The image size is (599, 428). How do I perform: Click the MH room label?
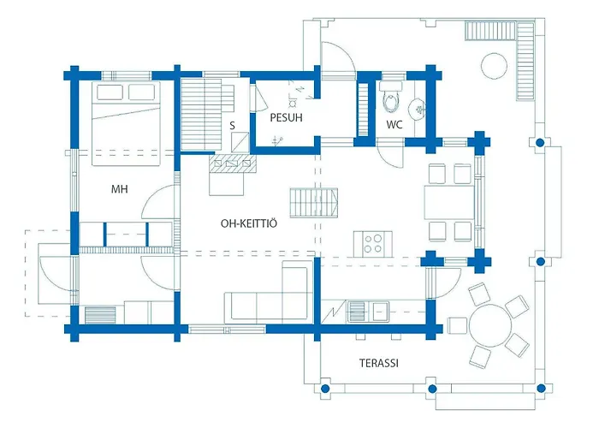(119, 189)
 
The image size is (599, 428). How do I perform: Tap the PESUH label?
(286, 118)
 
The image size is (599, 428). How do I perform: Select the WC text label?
(394, 125)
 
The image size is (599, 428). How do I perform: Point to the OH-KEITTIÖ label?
(249, 223)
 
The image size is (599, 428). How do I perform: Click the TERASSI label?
(378, 363)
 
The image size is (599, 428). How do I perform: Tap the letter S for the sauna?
(232, 126)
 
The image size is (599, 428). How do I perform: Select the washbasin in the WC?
(418, 110)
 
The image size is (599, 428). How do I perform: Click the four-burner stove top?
(373, 244)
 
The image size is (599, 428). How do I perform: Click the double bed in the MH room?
(126, 123)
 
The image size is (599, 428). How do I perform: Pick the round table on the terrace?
(490, 325)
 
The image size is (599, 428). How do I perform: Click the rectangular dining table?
(449, 203)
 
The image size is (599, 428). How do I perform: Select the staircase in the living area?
(314, 203)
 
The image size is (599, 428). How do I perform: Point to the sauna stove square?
(240, 141)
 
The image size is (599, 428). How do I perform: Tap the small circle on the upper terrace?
(495, 66)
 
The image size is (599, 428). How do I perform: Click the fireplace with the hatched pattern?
(233, 164)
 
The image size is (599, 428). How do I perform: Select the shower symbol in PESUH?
(293, 104)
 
